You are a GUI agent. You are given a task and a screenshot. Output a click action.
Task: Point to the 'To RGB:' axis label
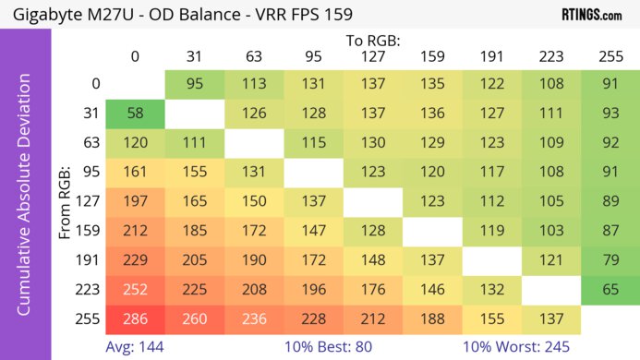(x=372, y=41)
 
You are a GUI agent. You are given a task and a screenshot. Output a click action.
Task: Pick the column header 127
(x=372, y=56)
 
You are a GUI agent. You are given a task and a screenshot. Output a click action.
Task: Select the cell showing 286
(x=135, y=319)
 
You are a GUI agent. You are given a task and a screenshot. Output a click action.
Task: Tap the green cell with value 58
(x=135, y=114)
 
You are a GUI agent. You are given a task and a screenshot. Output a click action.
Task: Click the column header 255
(x=610, y=56)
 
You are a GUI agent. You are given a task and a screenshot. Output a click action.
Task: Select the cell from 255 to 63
(x=254, y=319)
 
